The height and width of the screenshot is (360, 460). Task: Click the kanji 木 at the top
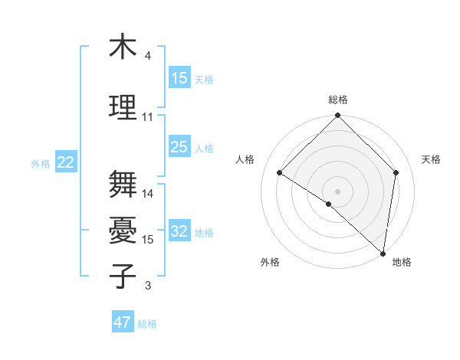point(123,47)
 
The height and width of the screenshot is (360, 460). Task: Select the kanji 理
point(123,106)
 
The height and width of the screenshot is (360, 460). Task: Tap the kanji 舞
point(123,185)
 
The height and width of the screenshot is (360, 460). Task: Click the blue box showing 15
point(179,78)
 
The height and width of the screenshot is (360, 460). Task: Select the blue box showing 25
point(179,147)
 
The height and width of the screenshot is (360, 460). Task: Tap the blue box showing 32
point(179,231)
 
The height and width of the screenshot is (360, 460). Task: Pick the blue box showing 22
point(66,162)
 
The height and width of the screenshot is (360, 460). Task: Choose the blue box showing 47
point(123,322)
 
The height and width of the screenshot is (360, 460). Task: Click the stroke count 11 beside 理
point(148,117)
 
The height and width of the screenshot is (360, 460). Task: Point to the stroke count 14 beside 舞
point(148,194)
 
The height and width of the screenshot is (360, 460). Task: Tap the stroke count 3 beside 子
point(147,286)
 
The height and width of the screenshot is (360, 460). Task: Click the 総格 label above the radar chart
point(338,100)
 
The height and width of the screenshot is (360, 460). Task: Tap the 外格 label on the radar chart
point(270,262)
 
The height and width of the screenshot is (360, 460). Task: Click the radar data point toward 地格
point(383,253)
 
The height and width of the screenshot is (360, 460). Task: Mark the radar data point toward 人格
point(280,173)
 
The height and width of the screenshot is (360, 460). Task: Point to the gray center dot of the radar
point(338,191)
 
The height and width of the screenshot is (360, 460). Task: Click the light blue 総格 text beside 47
point(147,324)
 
